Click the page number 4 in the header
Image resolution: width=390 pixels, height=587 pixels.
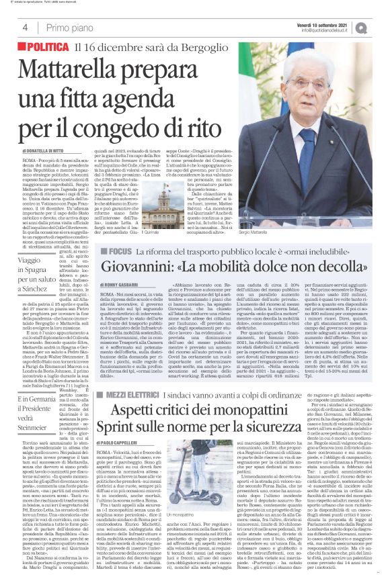[x=25, y=28]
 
